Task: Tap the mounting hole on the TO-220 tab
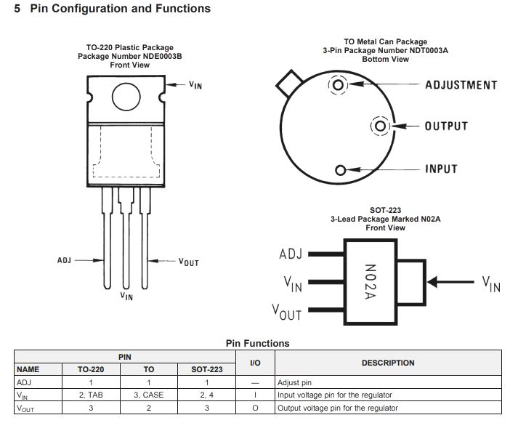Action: pyautogui.click(x=126, y=95)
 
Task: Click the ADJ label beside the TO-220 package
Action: pyautogui.click(x=64, y=259)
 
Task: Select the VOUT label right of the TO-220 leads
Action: pyautogui.click(x=188, y=262)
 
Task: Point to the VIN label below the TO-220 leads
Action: pyautogui.click(x=126, y=296)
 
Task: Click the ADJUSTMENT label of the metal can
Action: pyautogui.click(x=461, y=85)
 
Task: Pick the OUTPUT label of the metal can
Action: pyautogui.click(x=446, y=126)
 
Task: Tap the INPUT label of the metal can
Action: pyautogui.click(x=441, y=169)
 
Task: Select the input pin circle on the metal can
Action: pyautogui.click(x=340, y=170)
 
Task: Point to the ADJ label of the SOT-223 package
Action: pyautogui.click(x=290, y=255)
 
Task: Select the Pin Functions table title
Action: pyautogui.click(x=257, y=343)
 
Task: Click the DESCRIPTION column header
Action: pyautogui.click(x=388, y=363)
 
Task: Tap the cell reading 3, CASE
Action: pyautogui.click(x=148, y=395)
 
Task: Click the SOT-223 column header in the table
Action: pyautogui.click(x=206, y=369)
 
